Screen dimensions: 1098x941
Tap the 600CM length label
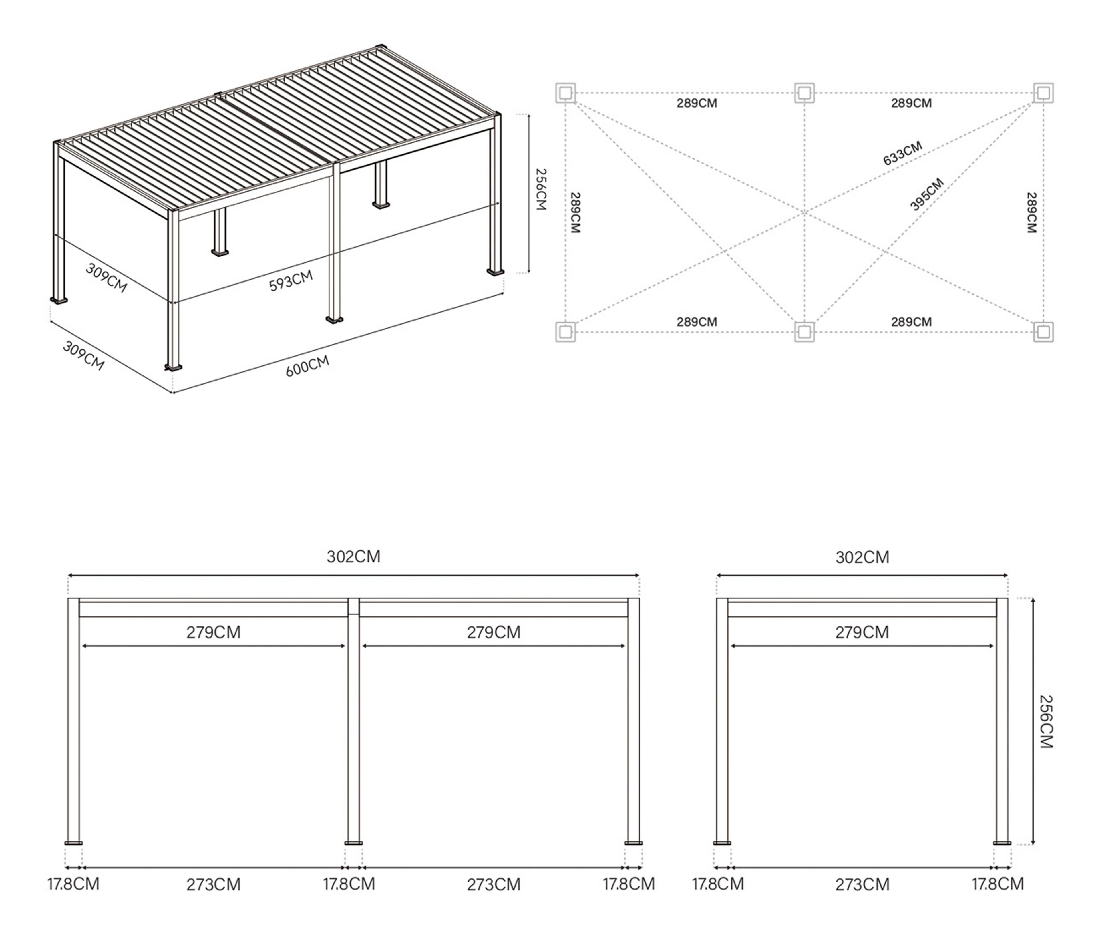[x=307, y=366]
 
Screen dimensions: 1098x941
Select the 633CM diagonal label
[x=902, y=153]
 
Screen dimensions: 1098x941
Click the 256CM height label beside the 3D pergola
[x=540, y=189]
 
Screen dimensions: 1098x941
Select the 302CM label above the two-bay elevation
[x=353, y=556]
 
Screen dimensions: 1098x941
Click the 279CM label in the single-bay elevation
[x=862, y=632]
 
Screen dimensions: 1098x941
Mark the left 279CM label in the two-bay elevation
[x=214, y=632]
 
